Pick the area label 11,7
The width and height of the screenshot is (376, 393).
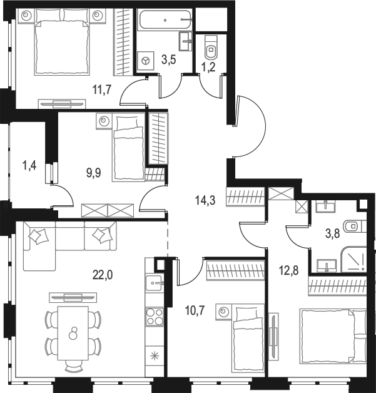tap(101, 89)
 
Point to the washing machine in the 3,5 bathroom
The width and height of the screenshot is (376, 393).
tap(145, 61)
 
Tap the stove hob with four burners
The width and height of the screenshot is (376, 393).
tap(154, 319)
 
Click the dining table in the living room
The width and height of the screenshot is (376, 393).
tap(73, 332)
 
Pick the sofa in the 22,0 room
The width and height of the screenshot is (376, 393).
tap(69, 244)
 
